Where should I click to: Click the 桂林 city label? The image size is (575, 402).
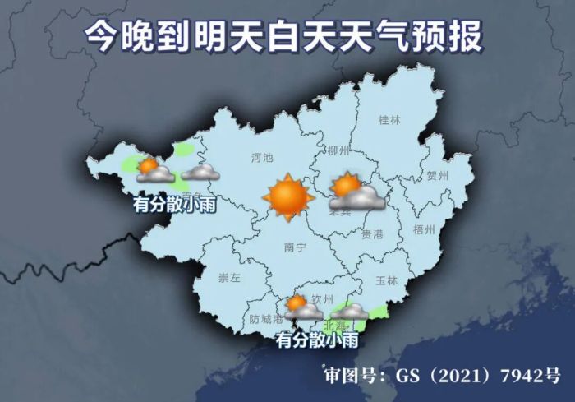tap(389, 120)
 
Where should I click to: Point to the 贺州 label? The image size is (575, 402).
tap(438, 176)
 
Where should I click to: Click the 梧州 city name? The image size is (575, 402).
tap(425, 229)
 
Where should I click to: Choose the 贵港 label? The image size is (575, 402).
tap(372, 234)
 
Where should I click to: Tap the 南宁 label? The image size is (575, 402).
tap(294, 247)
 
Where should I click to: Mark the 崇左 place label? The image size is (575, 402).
tap(229, 279)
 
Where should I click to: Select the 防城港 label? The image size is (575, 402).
tap(266, 319)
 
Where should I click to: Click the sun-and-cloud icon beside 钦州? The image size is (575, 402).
tap(302, 307)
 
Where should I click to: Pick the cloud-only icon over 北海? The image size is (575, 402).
tap(352, 312)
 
